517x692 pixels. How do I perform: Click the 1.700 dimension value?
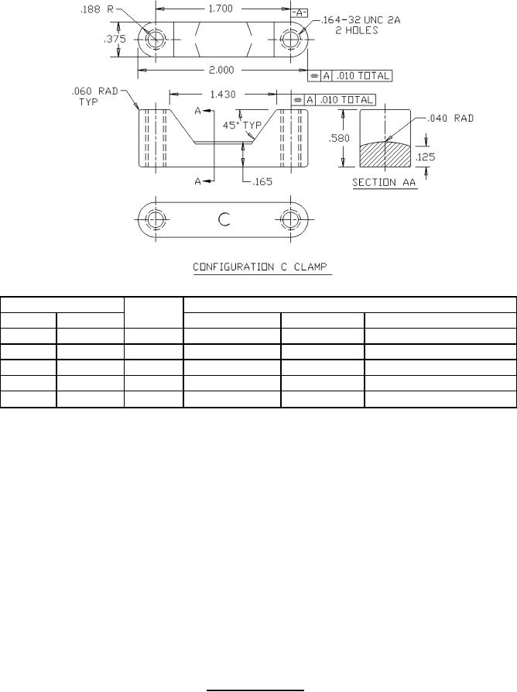(221, 9)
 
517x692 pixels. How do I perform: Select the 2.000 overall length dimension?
(221, 71)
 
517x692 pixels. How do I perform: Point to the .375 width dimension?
(115, 40)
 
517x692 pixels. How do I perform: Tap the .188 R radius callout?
(97, 10)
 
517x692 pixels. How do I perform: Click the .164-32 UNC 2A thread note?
(361, 20)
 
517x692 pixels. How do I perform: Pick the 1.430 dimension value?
(223, 95)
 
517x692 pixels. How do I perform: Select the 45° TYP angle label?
(242, 126)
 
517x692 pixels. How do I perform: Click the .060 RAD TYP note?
(94, 96)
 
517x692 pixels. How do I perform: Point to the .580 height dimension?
(339, 138)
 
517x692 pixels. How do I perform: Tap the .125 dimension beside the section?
(425, 157)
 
